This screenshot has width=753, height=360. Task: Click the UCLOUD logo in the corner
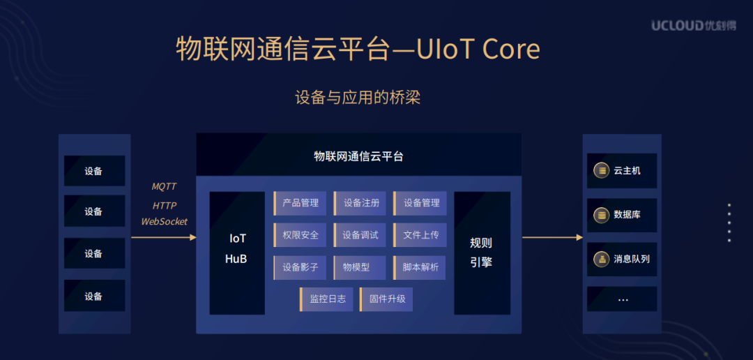[x=694, y=26]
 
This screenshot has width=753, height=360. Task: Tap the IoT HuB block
[x=237, y=249]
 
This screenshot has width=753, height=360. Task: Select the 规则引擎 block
[x=482, y=253]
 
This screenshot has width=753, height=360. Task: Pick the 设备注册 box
[x=360, y=203]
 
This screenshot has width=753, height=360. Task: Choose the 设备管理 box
[x=420, y=203]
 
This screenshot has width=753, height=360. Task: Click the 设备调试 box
[x=360, y=235]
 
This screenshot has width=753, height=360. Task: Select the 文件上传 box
[x=420, y=235]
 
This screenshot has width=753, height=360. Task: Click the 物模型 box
[x=360, y=267]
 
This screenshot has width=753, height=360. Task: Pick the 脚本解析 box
[x=420, y=267]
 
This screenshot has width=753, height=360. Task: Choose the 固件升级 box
[x=386, y=299]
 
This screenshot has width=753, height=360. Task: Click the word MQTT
[x=165, y=187]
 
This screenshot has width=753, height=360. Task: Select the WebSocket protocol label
[x=165, y=222]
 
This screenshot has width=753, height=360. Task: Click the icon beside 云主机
[x=600, y=170]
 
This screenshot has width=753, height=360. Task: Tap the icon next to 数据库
[x=600, y=215]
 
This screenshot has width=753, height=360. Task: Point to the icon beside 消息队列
[x=600, y=259]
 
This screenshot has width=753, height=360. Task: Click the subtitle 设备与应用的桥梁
[x=358, y=98]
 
